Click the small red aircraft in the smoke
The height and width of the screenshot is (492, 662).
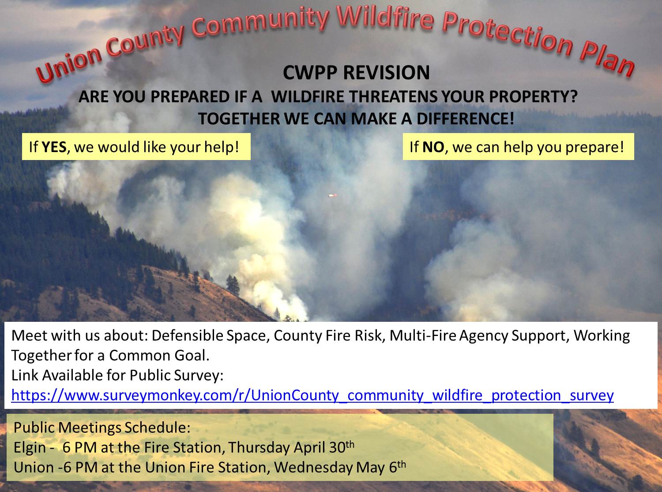click(332, 195)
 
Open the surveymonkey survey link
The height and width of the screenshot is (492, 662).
click(312, 395)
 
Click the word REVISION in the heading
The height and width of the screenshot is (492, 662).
click(387, 72)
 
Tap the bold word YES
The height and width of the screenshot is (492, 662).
click(54, 147)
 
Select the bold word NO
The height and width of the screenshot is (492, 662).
click(433, 147)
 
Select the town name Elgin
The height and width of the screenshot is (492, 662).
click(30, 448)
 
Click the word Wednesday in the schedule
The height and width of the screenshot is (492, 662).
click(313, 468)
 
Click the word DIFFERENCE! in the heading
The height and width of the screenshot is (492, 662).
click(466, 118)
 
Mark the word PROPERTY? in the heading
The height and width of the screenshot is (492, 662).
click(534, 97)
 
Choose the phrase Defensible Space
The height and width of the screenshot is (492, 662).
click(209, 336)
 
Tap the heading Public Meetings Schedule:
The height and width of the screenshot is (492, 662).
click(102, 427)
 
